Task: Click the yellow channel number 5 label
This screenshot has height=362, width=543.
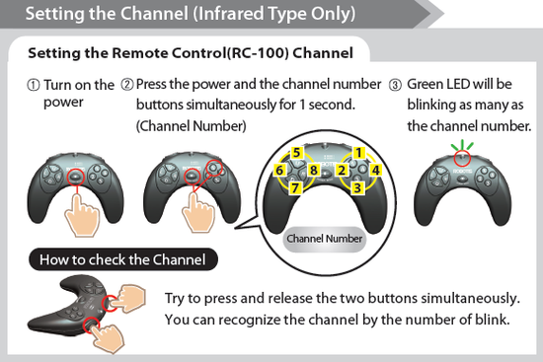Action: click(296, 153)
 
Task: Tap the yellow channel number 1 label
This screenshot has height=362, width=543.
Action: click(358, 153)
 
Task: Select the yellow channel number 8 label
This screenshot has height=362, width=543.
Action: click(314, 170)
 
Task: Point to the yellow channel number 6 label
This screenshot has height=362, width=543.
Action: click(279, 171)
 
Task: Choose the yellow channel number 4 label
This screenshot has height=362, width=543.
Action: click(375, 170)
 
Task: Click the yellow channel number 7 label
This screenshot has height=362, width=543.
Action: click(295, 188)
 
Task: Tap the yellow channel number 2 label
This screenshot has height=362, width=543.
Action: click(343, 170)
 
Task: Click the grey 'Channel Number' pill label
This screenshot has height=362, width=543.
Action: click(325, 239)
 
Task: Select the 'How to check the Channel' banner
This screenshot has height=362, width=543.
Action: click(123, 259)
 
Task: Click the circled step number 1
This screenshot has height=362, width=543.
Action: click(34, 85)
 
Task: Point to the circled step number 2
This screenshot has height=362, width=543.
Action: click(127, 85)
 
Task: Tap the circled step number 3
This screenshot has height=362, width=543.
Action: click(395, 85)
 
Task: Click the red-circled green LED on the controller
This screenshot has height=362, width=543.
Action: click(462, 158)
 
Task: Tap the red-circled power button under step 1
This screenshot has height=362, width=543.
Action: click(76, 177)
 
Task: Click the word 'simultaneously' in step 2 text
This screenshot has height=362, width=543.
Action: click(232, 105)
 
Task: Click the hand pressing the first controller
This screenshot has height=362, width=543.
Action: click(82, 215)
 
